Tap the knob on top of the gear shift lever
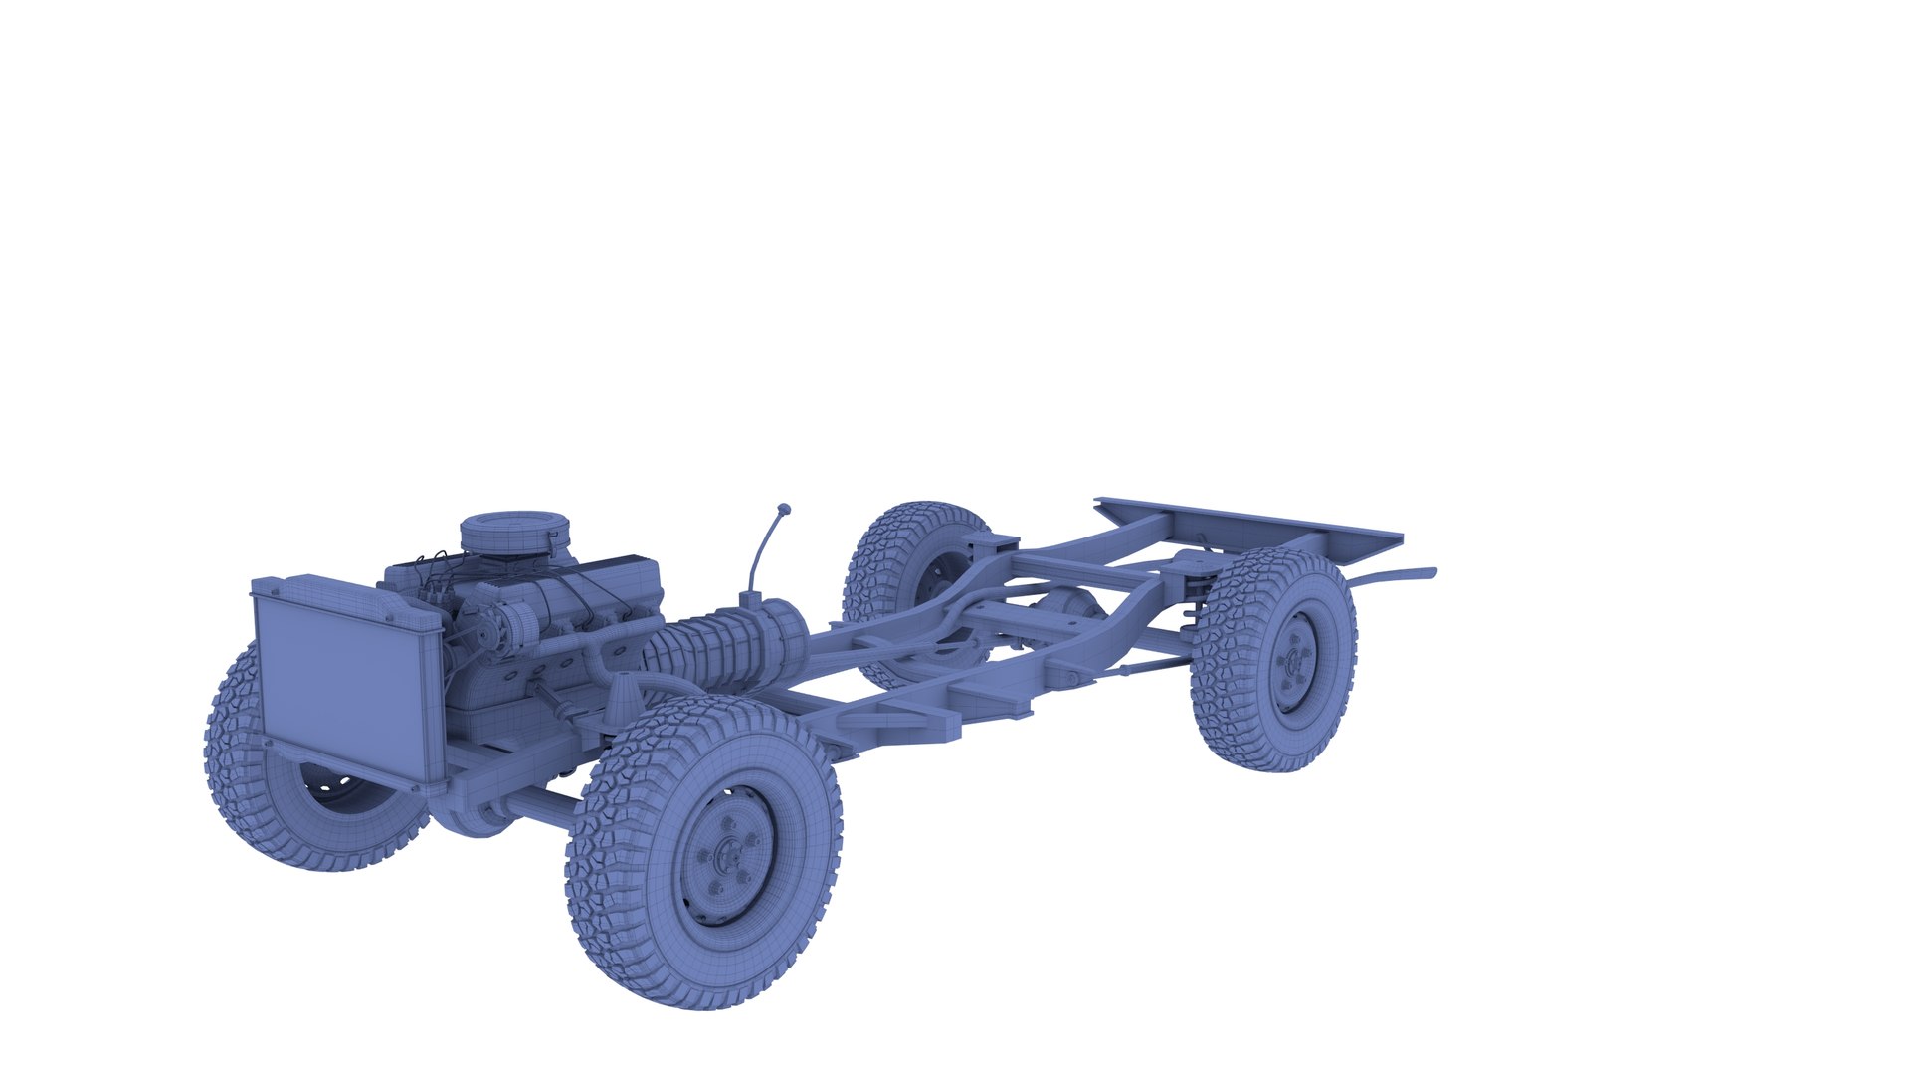coord(784,509)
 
